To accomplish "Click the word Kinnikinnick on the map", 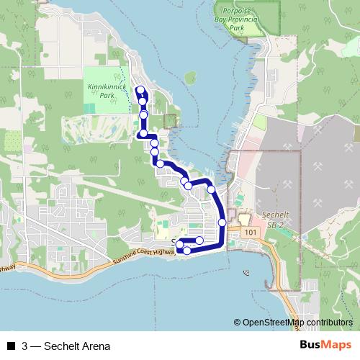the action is [106, 86].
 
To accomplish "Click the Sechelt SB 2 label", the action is [276, 219].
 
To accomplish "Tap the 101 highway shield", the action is [250, 233].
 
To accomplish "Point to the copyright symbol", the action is [238, 322].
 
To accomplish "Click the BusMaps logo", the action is [325, 345].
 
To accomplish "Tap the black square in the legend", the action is [10, 346].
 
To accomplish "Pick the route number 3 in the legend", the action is [25, 346].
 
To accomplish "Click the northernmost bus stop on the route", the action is [140, 90].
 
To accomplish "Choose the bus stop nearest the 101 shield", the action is [222, 222].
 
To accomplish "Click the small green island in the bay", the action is [189, 76].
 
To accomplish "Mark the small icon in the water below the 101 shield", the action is [247, 273].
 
